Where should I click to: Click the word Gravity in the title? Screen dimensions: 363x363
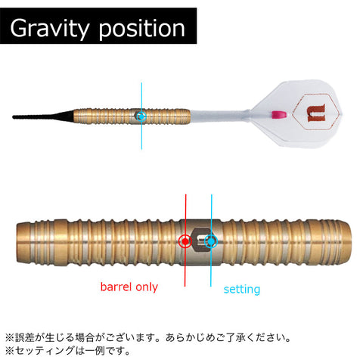click(x=50, y=29)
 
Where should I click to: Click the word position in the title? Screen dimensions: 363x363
click(x=142, y=29)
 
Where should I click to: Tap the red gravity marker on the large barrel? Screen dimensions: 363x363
click(x=185, y=241)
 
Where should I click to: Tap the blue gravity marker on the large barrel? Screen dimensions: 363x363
click(x=211, y=241)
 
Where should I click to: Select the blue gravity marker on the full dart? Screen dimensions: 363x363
click(x=141, y=116)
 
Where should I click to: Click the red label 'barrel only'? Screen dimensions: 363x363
click(x=129, y=287)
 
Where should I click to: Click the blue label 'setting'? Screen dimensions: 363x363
click(x=242, y=290)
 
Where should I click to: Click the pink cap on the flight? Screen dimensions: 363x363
click(x=279, y=114)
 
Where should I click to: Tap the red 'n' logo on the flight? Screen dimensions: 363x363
click(x=315, y=112)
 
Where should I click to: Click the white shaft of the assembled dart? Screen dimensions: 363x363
click(x=219, y=115)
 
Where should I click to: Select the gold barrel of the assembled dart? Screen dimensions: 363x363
click(x=132, y=116)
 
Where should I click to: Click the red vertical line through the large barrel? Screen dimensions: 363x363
click(x=185, y=240)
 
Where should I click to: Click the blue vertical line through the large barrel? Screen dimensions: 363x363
click(x=211, y=240)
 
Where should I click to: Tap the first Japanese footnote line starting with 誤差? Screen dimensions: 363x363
click(x=148, y=337)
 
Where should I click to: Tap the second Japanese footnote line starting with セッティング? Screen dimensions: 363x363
click(x=68, y=351)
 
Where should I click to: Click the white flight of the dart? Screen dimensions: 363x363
click(x=296, y=114)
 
